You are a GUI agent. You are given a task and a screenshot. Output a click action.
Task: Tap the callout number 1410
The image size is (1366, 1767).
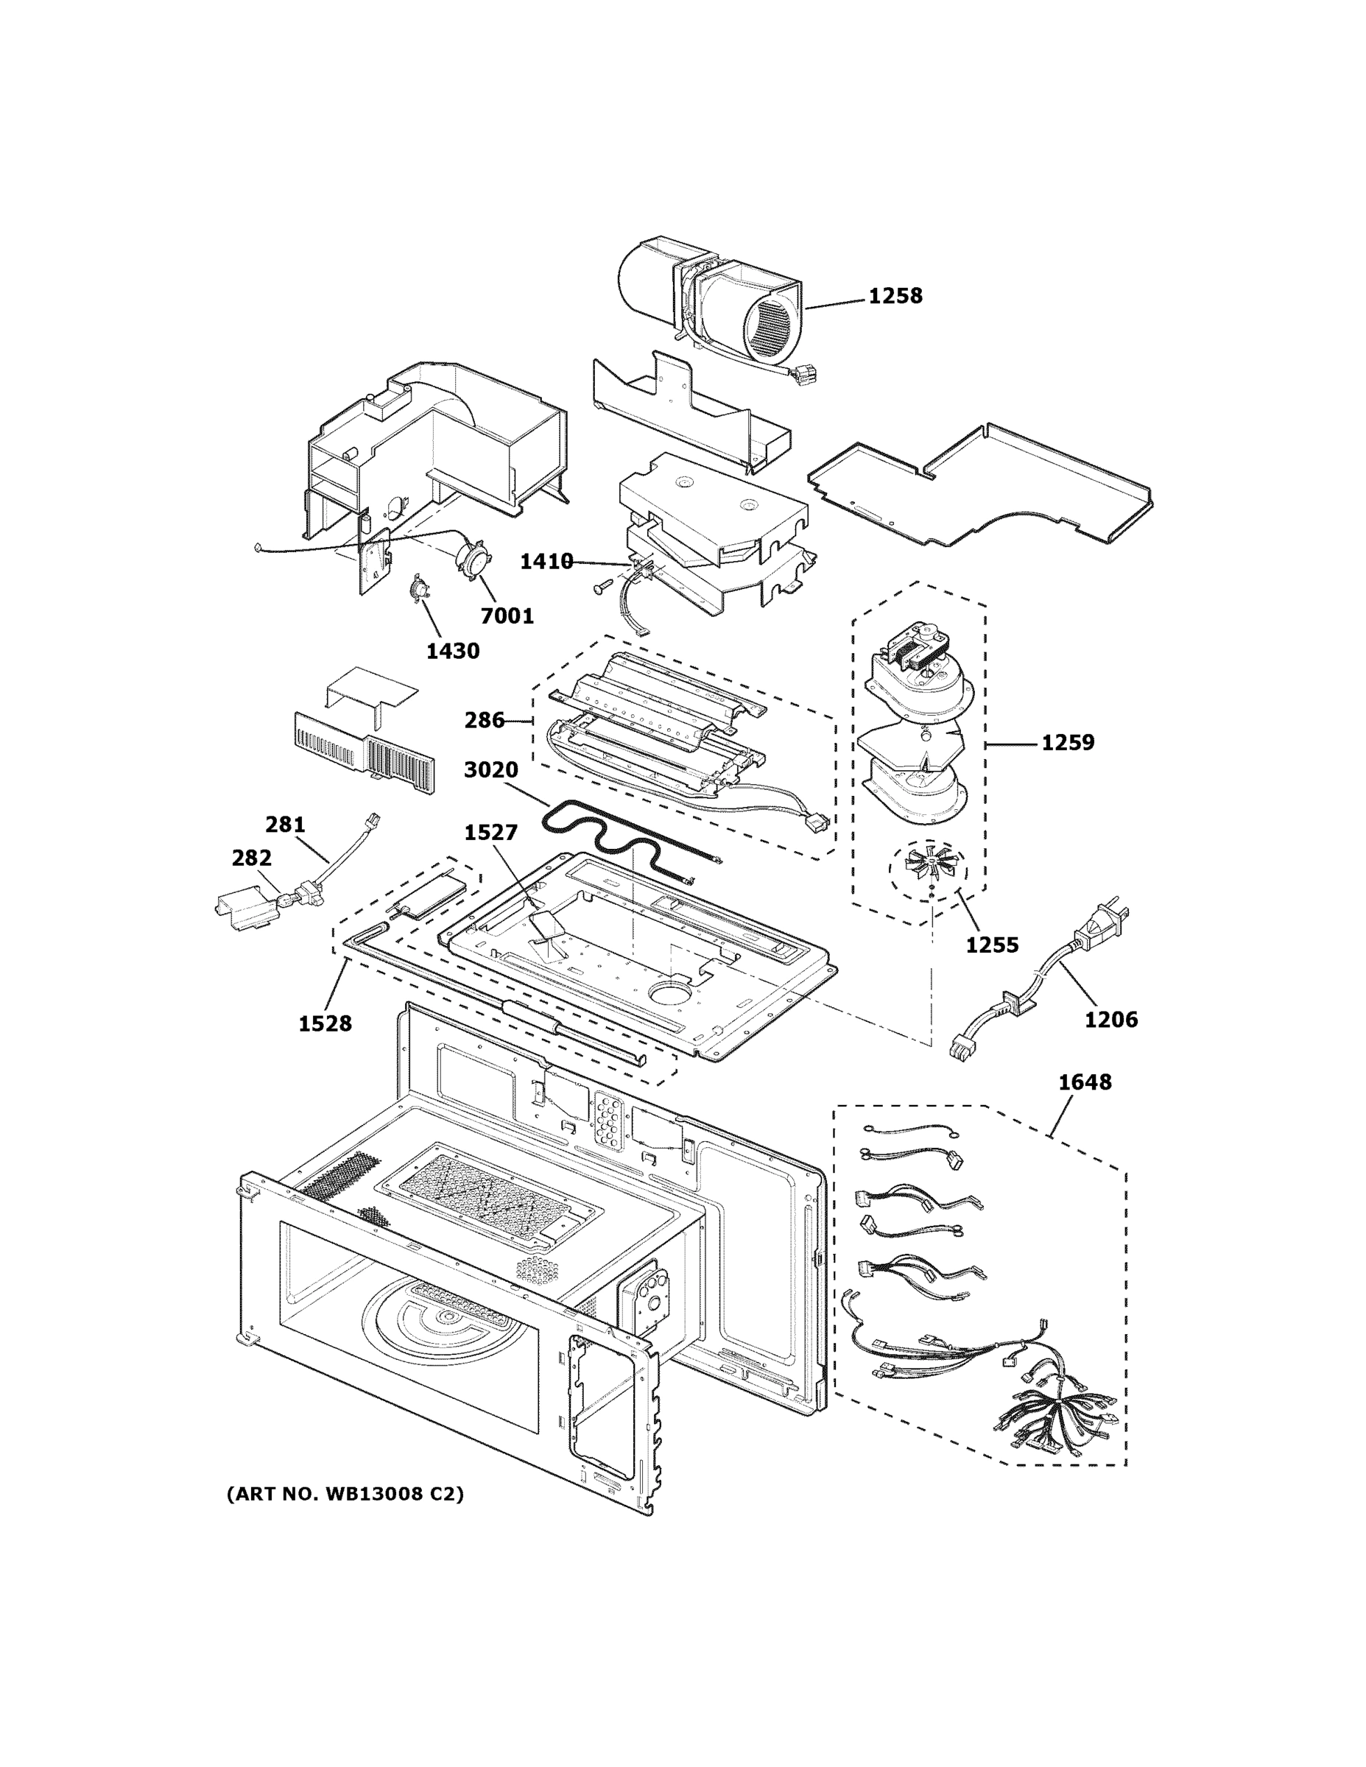point(546,562)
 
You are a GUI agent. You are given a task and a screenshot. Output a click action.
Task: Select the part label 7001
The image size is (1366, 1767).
point(507,616)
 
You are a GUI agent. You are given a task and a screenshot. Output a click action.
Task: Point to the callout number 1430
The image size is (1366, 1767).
point(453,651)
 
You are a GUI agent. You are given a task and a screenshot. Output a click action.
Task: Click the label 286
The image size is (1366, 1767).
point(484,720)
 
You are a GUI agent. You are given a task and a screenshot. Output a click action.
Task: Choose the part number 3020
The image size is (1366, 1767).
point(491,769)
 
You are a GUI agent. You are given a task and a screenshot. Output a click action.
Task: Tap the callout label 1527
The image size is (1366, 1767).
point(490,833)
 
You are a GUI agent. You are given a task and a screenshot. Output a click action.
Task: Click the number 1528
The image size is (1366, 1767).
point(325,1023)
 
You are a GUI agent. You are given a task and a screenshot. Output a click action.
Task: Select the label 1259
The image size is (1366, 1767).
point(1067,742)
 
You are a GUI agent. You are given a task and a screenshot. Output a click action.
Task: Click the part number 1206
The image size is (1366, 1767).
point(1111,1020)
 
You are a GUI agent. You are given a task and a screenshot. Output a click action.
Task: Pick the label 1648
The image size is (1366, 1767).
point(1085,1082)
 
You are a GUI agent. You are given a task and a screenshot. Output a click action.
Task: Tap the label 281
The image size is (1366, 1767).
point(285,825)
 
